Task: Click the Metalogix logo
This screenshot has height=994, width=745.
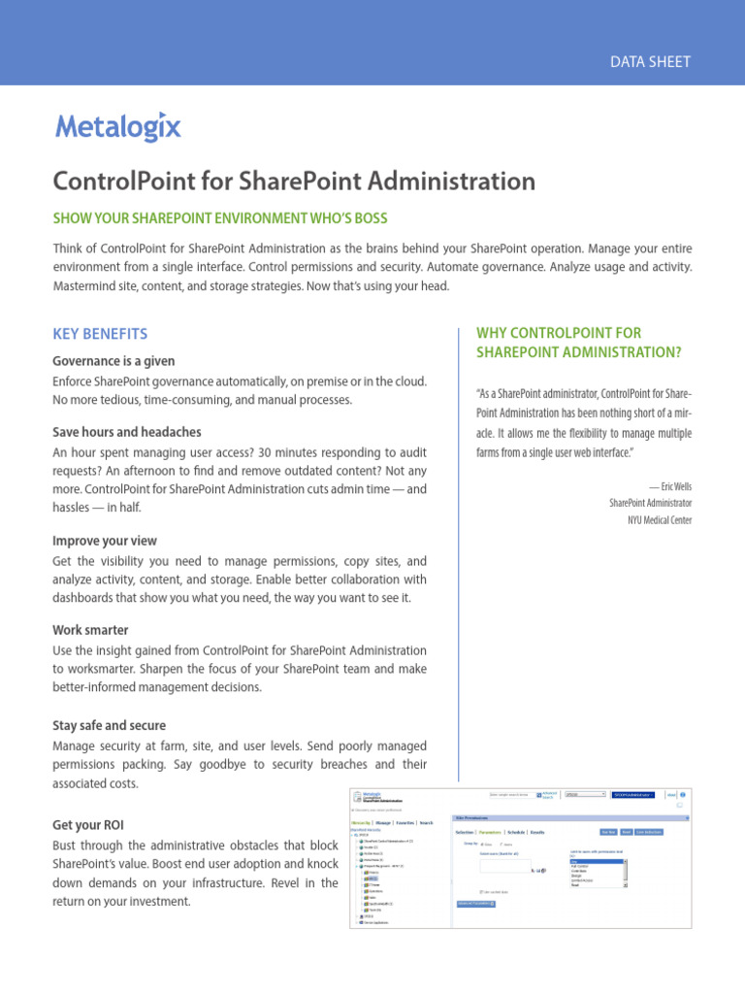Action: click(x=117, y=127)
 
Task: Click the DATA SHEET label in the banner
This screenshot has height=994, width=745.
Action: click(x=650, y=61)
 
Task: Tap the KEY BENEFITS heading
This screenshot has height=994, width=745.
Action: click(x=100, y=334)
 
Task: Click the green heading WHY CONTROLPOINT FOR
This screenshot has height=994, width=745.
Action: click(x=559, y=333)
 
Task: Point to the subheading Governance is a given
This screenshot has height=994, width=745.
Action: click(x=113, y=361)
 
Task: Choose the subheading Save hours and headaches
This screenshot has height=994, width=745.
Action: click(x=126, y=432)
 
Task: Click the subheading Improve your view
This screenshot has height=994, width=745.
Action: click(x=104, y=541)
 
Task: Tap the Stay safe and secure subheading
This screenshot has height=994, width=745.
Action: click(x=109, y=725)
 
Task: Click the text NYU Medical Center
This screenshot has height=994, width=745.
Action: click(x=660, y=519)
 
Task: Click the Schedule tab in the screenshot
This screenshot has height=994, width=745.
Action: click(x=515, y=832)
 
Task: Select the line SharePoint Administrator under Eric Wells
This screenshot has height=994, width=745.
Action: click(x=650, y=503)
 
